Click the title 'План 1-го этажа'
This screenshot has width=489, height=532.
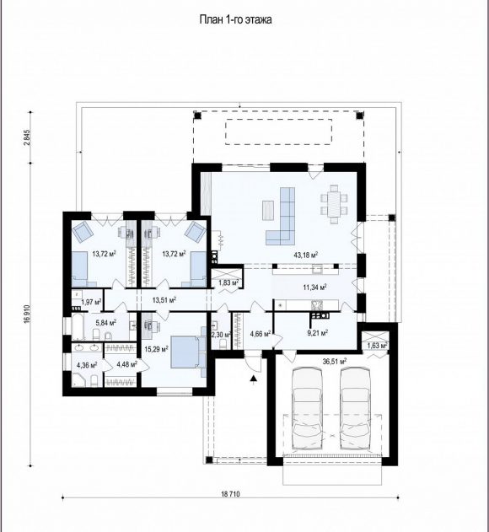pos(235,19)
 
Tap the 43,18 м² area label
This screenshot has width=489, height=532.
pos(305,255)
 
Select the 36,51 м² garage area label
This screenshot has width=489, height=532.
pos(334,362)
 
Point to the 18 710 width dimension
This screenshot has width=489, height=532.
pos(230,494)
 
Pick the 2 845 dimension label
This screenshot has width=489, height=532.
pos(27,137)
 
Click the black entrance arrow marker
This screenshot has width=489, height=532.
pos(253,379)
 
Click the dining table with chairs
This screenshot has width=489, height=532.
pos(334,204)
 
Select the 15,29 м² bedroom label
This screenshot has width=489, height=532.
pos(157,349)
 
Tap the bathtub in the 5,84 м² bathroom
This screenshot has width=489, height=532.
pos(78,327)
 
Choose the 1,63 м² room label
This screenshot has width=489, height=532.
pos(378,346)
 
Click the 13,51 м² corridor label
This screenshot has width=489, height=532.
pos(164,300)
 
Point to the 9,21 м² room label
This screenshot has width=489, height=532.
pos(317,333)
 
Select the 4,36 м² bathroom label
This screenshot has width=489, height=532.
pos(87,365)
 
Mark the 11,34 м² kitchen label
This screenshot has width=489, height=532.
pos(314,287)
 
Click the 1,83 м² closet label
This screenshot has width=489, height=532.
pos(228,282)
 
